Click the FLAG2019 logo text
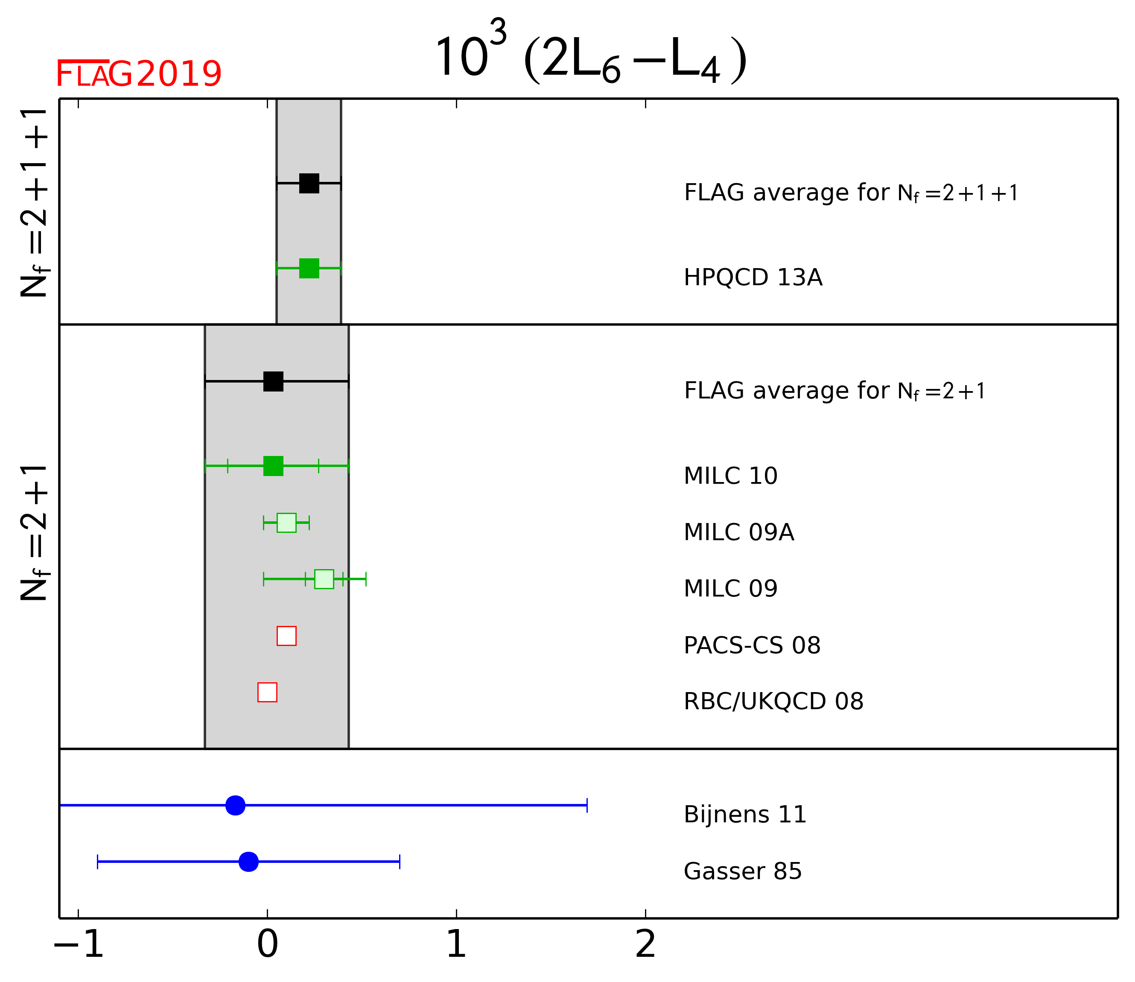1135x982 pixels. click(139, 74)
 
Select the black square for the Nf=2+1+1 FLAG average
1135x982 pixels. click(309, 183)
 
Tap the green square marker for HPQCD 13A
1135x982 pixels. click(309, 269)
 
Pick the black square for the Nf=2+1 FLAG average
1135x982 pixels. click(273, 381)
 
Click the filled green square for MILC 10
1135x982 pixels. click(273, 466)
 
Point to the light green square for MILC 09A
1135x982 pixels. click(286, 523)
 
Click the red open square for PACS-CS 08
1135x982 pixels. click(286, 636)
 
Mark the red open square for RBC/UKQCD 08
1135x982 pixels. click(267, 692)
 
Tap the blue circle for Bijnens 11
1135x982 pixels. click(236, 805)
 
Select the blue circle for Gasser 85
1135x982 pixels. click(249, 862)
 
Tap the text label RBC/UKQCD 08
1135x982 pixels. click(773, 701)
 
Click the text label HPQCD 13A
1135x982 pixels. click(753, 278)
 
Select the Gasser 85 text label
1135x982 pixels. click(742, 871)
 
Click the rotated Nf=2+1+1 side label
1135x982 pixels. click(34, 203)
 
